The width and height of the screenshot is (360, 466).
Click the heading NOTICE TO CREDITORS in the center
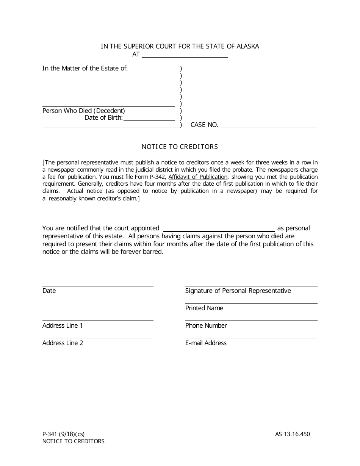(x=180, y=147)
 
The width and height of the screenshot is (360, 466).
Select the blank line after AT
(x=185, y=55)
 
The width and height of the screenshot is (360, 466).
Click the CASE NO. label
(x=204, y=125)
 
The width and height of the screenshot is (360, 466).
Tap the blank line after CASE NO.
(x=269, y=125)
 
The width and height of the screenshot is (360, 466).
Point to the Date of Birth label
(x=103, y=118)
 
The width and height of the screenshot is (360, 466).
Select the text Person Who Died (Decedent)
(x=84, y=111)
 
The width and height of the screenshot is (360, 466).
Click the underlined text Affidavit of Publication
(x=198, y=177)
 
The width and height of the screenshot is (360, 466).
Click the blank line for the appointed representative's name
(x=219, y=229)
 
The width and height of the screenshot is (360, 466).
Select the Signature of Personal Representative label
(x=238, y=291)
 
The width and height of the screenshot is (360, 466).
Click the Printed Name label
(x=204, y=308)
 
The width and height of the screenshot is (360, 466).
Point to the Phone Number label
(x=206, y=326)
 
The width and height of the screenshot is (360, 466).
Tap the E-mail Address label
(x=206, y=343)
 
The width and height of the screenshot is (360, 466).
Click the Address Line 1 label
(x=63, y=326)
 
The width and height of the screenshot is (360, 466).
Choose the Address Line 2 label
(x=63, y=343)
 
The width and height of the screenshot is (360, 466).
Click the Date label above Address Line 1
(x=49, y=291)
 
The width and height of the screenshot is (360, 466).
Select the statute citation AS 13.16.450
(x=292, y=434)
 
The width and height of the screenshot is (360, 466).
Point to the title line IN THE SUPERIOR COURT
(x=180, y=47)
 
